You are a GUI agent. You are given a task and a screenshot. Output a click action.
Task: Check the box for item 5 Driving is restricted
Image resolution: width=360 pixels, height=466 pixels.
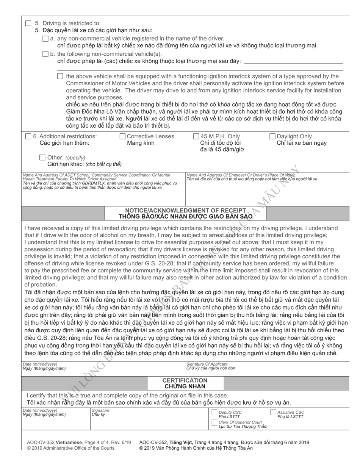click(x=28, y=23)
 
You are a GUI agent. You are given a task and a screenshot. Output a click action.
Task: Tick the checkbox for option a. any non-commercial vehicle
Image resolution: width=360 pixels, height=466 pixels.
click(x=45, y=38)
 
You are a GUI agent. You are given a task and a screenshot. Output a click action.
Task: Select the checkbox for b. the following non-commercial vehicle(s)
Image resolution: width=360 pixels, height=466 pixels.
click(x=45, y=54)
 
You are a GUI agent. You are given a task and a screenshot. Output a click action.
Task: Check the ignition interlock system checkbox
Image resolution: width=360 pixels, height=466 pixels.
click(x=60, y=76)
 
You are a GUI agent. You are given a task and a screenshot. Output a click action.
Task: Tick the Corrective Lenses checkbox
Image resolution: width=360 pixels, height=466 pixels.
click(x=122, y=136)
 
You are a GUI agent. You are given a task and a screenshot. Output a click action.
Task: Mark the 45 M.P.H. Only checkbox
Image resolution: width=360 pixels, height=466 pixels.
click(x=196, y=136)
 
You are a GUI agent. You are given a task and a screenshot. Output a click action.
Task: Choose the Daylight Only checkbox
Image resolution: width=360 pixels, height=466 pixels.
click(x=272, y=136)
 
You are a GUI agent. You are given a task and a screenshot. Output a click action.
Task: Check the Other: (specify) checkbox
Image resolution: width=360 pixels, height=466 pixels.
click(x=43, y=157)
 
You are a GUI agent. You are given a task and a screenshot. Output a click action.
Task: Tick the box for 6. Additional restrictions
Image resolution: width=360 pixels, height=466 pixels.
click(x=28, y=136)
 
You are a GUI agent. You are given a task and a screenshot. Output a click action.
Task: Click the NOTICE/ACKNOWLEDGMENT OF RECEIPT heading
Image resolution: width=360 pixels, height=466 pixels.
click(x=185, y=210)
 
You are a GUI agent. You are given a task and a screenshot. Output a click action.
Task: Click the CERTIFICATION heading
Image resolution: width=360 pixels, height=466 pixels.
click(x=185, y=380)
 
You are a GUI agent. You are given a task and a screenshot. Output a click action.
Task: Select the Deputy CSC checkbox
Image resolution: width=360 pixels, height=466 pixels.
click(x=214, y=413)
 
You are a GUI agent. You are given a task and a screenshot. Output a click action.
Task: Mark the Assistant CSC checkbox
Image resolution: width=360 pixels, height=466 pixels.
click(x=273, y=413)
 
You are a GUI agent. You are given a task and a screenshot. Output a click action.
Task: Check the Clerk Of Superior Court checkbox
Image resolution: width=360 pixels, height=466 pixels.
click(x=214, y=422)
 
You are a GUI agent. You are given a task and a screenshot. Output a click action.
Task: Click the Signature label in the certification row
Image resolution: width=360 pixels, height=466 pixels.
click(x=100, y=410)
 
